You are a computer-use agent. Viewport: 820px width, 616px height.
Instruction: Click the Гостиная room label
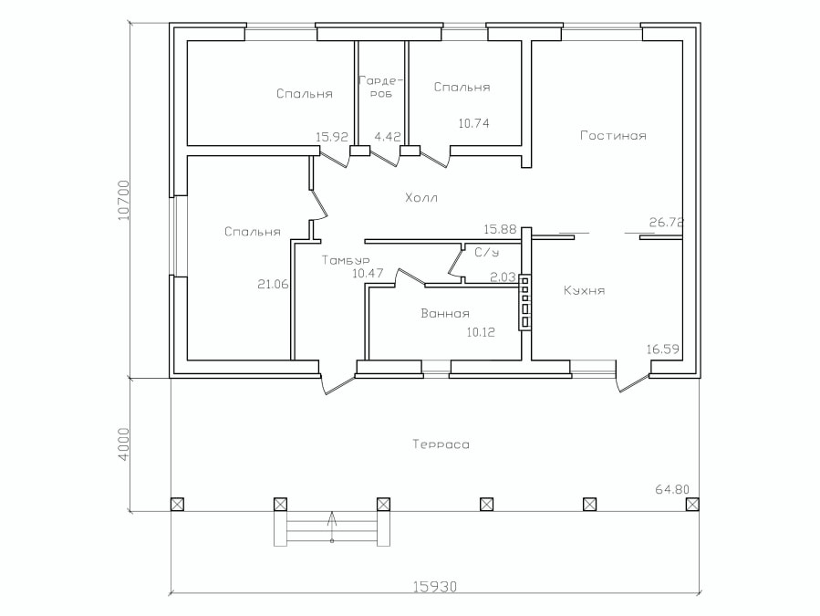pos(614,136)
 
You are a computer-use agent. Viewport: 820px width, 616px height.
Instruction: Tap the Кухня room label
pos(584,290)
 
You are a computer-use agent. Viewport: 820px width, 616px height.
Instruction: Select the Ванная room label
pos(445,314)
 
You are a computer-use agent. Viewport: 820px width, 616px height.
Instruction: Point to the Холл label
pos(421,198)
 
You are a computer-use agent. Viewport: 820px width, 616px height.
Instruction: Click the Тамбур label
pos(346,260)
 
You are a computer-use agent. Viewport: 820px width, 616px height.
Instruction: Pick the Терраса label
pos(441,444)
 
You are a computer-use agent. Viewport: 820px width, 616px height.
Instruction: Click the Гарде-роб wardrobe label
pos(382,87)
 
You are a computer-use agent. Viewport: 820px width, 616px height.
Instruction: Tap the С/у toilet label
pos(486,252)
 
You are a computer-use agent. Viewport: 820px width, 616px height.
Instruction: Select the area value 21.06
pos(273,284)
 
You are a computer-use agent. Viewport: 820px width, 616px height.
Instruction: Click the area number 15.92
pos(332,137)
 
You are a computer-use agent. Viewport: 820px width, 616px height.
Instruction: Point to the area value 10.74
pos(473,123)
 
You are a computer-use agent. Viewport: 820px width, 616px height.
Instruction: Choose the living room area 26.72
pos(666,223)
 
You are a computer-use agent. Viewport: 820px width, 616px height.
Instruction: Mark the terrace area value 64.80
pos(672,489)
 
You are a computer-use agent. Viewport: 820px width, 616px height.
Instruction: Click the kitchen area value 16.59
pos(662,350)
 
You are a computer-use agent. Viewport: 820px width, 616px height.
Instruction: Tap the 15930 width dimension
pos(435,587)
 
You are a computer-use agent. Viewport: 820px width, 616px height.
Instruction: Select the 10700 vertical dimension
pos(123,200)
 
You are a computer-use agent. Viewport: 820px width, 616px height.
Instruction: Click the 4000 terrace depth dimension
pos(123,444)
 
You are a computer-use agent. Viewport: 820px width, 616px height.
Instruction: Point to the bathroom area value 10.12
pos(481,332)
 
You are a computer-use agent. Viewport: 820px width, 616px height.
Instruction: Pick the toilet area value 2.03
pos(503,277)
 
